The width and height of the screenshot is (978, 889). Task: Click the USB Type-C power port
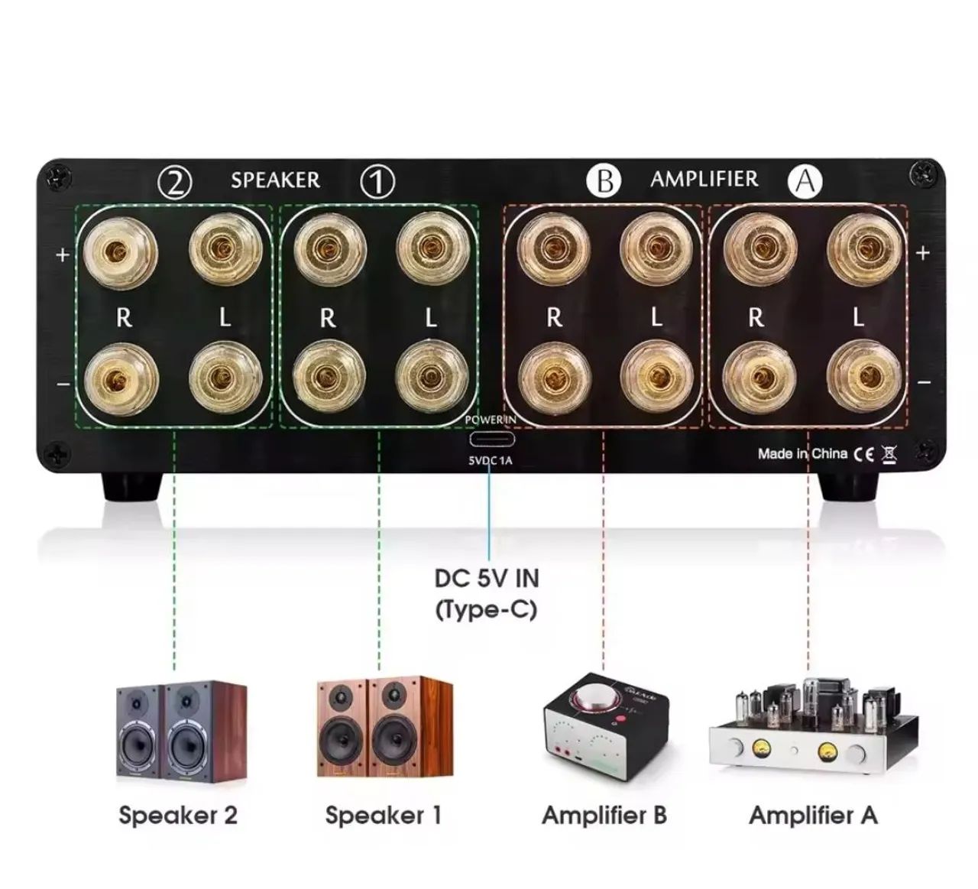(491, 440)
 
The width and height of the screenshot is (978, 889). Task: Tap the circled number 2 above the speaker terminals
(175, 182)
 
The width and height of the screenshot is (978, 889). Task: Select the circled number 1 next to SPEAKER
(377, 182)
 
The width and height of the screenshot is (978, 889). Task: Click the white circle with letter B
(604, 181)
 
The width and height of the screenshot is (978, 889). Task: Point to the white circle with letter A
(807, 182)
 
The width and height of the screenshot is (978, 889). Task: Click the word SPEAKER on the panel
(275, 180)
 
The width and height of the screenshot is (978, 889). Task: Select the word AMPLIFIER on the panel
(704, 179)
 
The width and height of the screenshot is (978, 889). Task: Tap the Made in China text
(802, 454)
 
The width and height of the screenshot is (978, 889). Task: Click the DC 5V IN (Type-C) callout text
(487, 593)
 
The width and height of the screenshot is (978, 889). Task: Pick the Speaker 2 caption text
(178, 815)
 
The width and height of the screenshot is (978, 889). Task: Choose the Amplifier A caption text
(813, 815)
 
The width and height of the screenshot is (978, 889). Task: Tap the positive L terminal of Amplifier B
(656, 248)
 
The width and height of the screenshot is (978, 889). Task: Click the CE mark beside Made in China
(864, 454)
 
